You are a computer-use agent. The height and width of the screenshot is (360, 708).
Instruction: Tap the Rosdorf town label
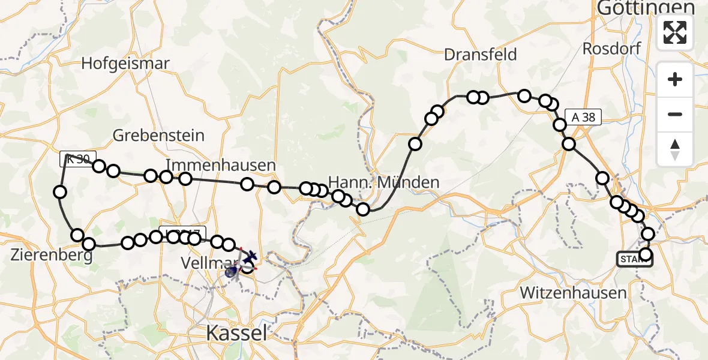(611, 49)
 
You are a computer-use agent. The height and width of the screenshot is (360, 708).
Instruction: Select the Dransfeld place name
(480, 55)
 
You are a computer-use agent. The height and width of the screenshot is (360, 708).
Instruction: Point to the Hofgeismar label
(125, 63)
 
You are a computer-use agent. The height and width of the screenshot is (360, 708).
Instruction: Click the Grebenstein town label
(159, 135)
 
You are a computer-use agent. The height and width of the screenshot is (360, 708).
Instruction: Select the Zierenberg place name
(51, 256)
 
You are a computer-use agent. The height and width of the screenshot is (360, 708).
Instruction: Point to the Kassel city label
(236, 334)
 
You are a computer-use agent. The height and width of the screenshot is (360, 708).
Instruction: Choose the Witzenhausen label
(573, 293)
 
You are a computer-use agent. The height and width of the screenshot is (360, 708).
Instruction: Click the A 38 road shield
(583, 117)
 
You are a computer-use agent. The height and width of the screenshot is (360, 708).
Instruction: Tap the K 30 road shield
(77, 159)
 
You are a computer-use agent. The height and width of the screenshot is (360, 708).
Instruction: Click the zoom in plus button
(675, 79)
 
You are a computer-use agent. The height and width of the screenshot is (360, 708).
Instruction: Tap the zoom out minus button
(675, 114)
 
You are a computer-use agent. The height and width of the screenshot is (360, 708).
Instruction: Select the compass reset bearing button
(675, 149)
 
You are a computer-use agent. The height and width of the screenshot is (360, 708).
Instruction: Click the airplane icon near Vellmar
(249, 257)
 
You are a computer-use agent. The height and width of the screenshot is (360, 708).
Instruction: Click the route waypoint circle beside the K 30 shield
(99, 166)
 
